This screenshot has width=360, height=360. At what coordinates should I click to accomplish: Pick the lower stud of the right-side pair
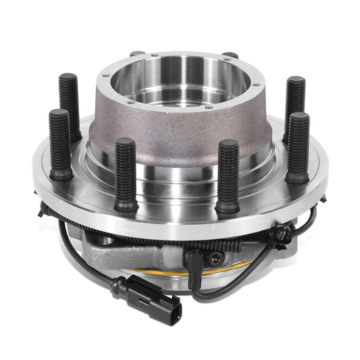point(298,145)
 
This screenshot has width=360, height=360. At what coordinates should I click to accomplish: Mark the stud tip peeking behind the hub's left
point(138,53)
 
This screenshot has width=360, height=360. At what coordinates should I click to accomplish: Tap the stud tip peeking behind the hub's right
point(230,55)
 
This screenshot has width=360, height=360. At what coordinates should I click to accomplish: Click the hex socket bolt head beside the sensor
point(214,257)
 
